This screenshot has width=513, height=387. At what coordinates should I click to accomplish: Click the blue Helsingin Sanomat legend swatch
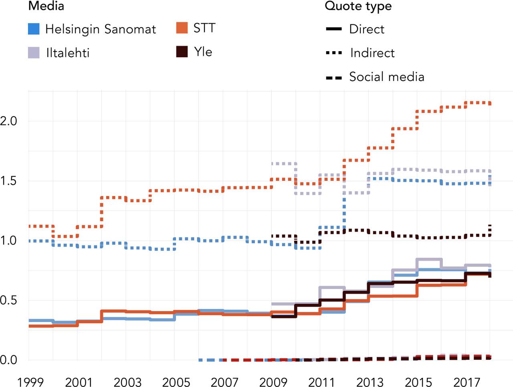[34, 29]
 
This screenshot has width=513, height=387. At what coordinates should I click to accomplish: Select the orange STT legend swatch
[182, 28]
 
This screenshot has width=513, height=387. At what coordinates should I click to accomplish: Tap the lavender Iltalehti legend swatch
[34, 53]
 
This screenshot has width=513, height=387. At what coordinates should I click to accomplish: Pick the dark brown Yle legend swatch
[182, 52]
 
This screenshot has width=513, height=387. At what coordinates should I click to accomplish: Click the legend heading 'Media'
[46, 6]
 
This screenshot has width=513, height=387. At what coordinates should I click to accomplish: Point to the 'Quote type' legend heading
[358, 6]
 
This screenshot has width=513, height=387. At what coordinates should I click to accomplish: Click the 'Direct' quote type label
[366, 29]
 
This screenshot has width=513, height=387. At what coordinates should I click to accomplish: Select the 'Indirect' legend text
[372, 53]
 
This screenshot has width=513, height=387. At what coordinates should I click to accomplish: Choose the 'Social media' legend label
[386, 76]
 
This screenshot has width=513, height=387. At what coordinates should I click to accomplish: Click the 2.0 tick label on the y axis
[9, 121]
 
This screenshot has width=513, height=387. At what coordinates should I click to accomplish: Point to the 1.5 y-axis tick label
[9, 181]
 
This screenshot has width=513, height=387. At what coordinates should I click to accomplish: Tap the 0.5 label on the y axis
[9, 300]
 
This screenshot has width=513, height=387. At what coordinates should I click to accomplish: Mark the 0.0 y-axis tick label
[9, 360]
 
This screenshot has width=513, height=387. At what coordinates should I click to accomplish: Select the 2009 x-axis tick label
[273, 382]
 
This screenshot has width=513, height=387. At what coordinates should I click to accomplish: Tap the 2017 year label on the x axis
[467, 382]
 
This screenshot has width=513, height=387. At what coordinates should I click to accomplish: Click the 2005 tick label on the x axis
[176, 382]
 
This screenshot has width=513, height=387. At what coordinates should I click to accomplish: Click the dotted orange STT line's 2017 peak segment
[478, 103]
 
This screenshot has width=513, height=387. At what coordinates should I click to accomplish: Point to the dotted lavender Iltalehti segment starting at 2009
[283, 163]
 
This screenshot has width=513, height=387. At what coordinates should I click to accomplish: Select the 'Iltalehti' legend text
[67, 53]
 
